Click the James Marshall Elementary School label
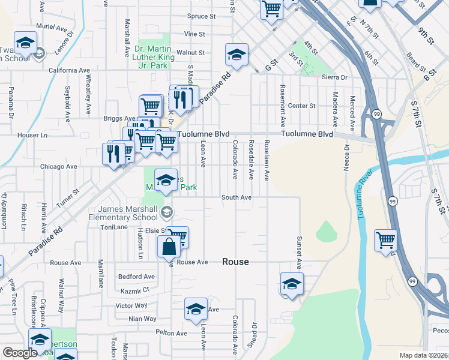(x=124, y=214)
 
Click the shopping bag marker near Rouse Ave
(x=170, y=247)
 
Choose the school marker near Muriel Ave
(x=25, y=43)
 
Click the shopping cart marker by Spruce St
(x=271, y=9)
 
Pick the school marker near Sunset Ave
(x=292, y=283)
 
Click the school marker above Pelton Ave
(x=196, y=308)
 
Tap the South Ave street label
(x=236, y=197)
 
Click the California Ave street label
(x=69, y=70)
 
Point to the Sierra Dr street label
(x=335, y=77)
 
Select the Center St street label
(x=301, y=106)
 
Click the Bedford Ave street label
(x=136, y=277)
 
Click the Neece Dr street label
(x=346, y=158)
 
